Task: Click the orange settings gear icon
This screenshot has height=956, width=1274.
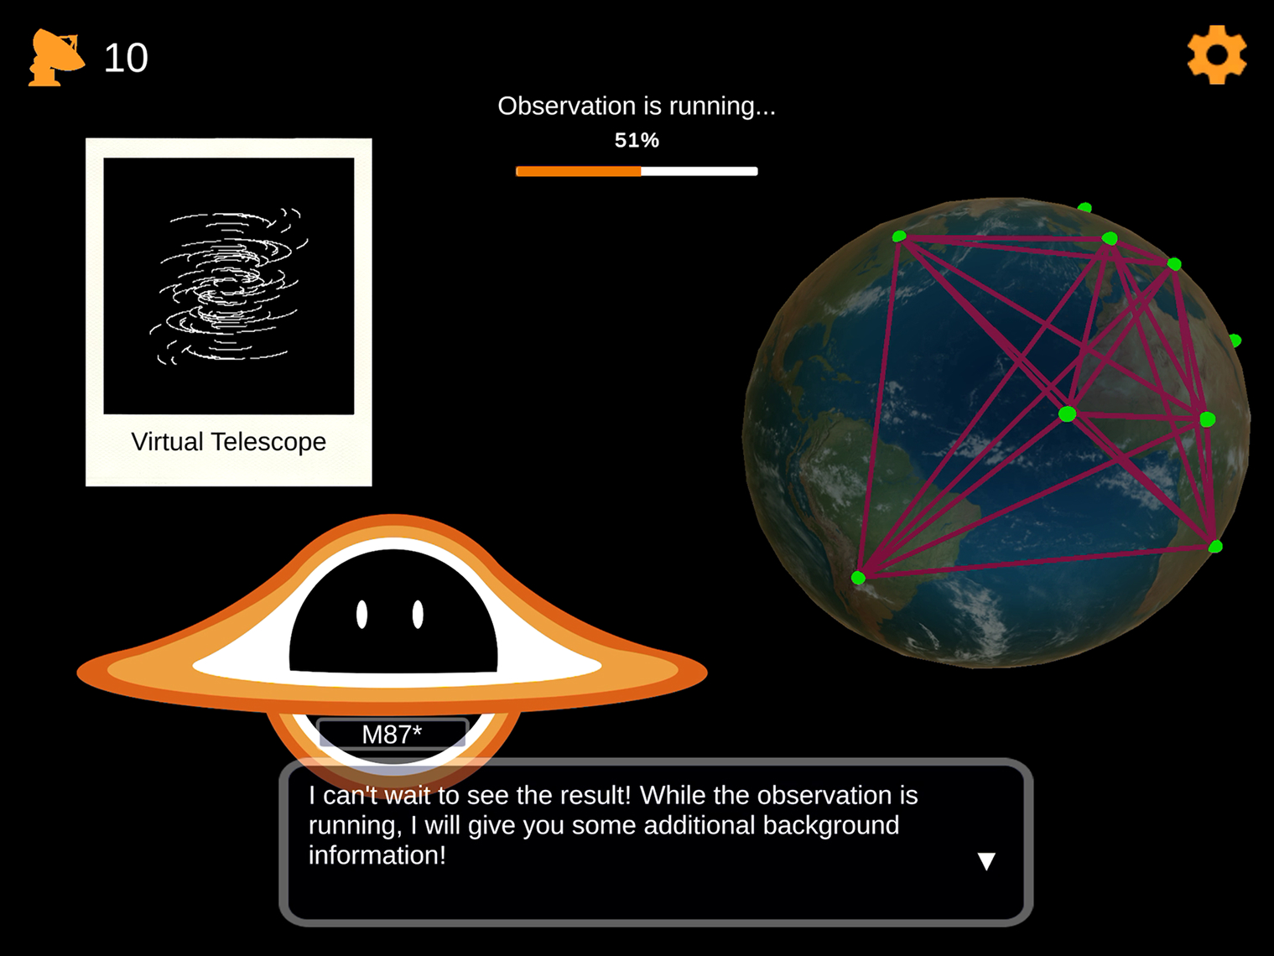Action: click(1216, 55)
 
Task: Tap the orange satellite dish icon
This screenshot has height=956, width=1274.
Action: click(56, 57)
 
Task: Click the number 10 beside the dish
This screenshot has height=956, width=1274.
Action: click(126, 58)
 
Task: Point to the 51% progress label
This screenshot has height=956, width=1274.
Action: click(637, 140)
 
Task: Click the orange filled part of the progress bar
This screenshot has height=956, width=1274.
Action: click(578, 171)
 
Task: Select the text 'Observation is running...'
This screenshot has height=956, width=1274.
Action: click(636, 107)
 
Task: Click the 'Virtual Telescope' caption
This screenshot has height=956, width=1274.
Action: click(229, 442)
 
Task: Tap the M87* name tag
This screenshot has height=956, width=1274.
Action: click(393, 735)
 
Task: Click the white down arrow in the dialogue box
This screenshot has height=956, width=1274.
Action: click(986, 861)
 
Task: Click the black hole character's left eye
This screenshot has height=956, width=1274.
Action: click(361, 615)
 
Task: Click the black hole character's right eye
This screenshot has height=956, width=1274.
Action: click(418, 615)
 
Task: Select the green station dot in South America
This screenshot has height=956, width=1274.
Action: click(859, 577)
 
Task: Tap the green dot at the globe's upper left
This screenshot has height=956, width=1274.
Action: click(899, 236)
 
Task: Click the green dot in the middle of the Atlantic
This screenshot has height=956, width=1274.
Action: click(1067, 414)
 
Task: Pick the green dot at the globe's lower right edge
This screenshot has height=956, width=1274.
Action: click(1215, 547)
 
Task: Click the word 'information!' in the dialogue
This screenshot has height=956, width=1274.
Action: click(377, 855)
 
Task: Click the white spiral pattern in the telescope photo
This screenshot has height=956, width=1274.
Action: click(229, 286)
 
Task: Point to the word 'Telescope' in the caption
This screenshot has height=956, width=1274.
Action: click(268, 443)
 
